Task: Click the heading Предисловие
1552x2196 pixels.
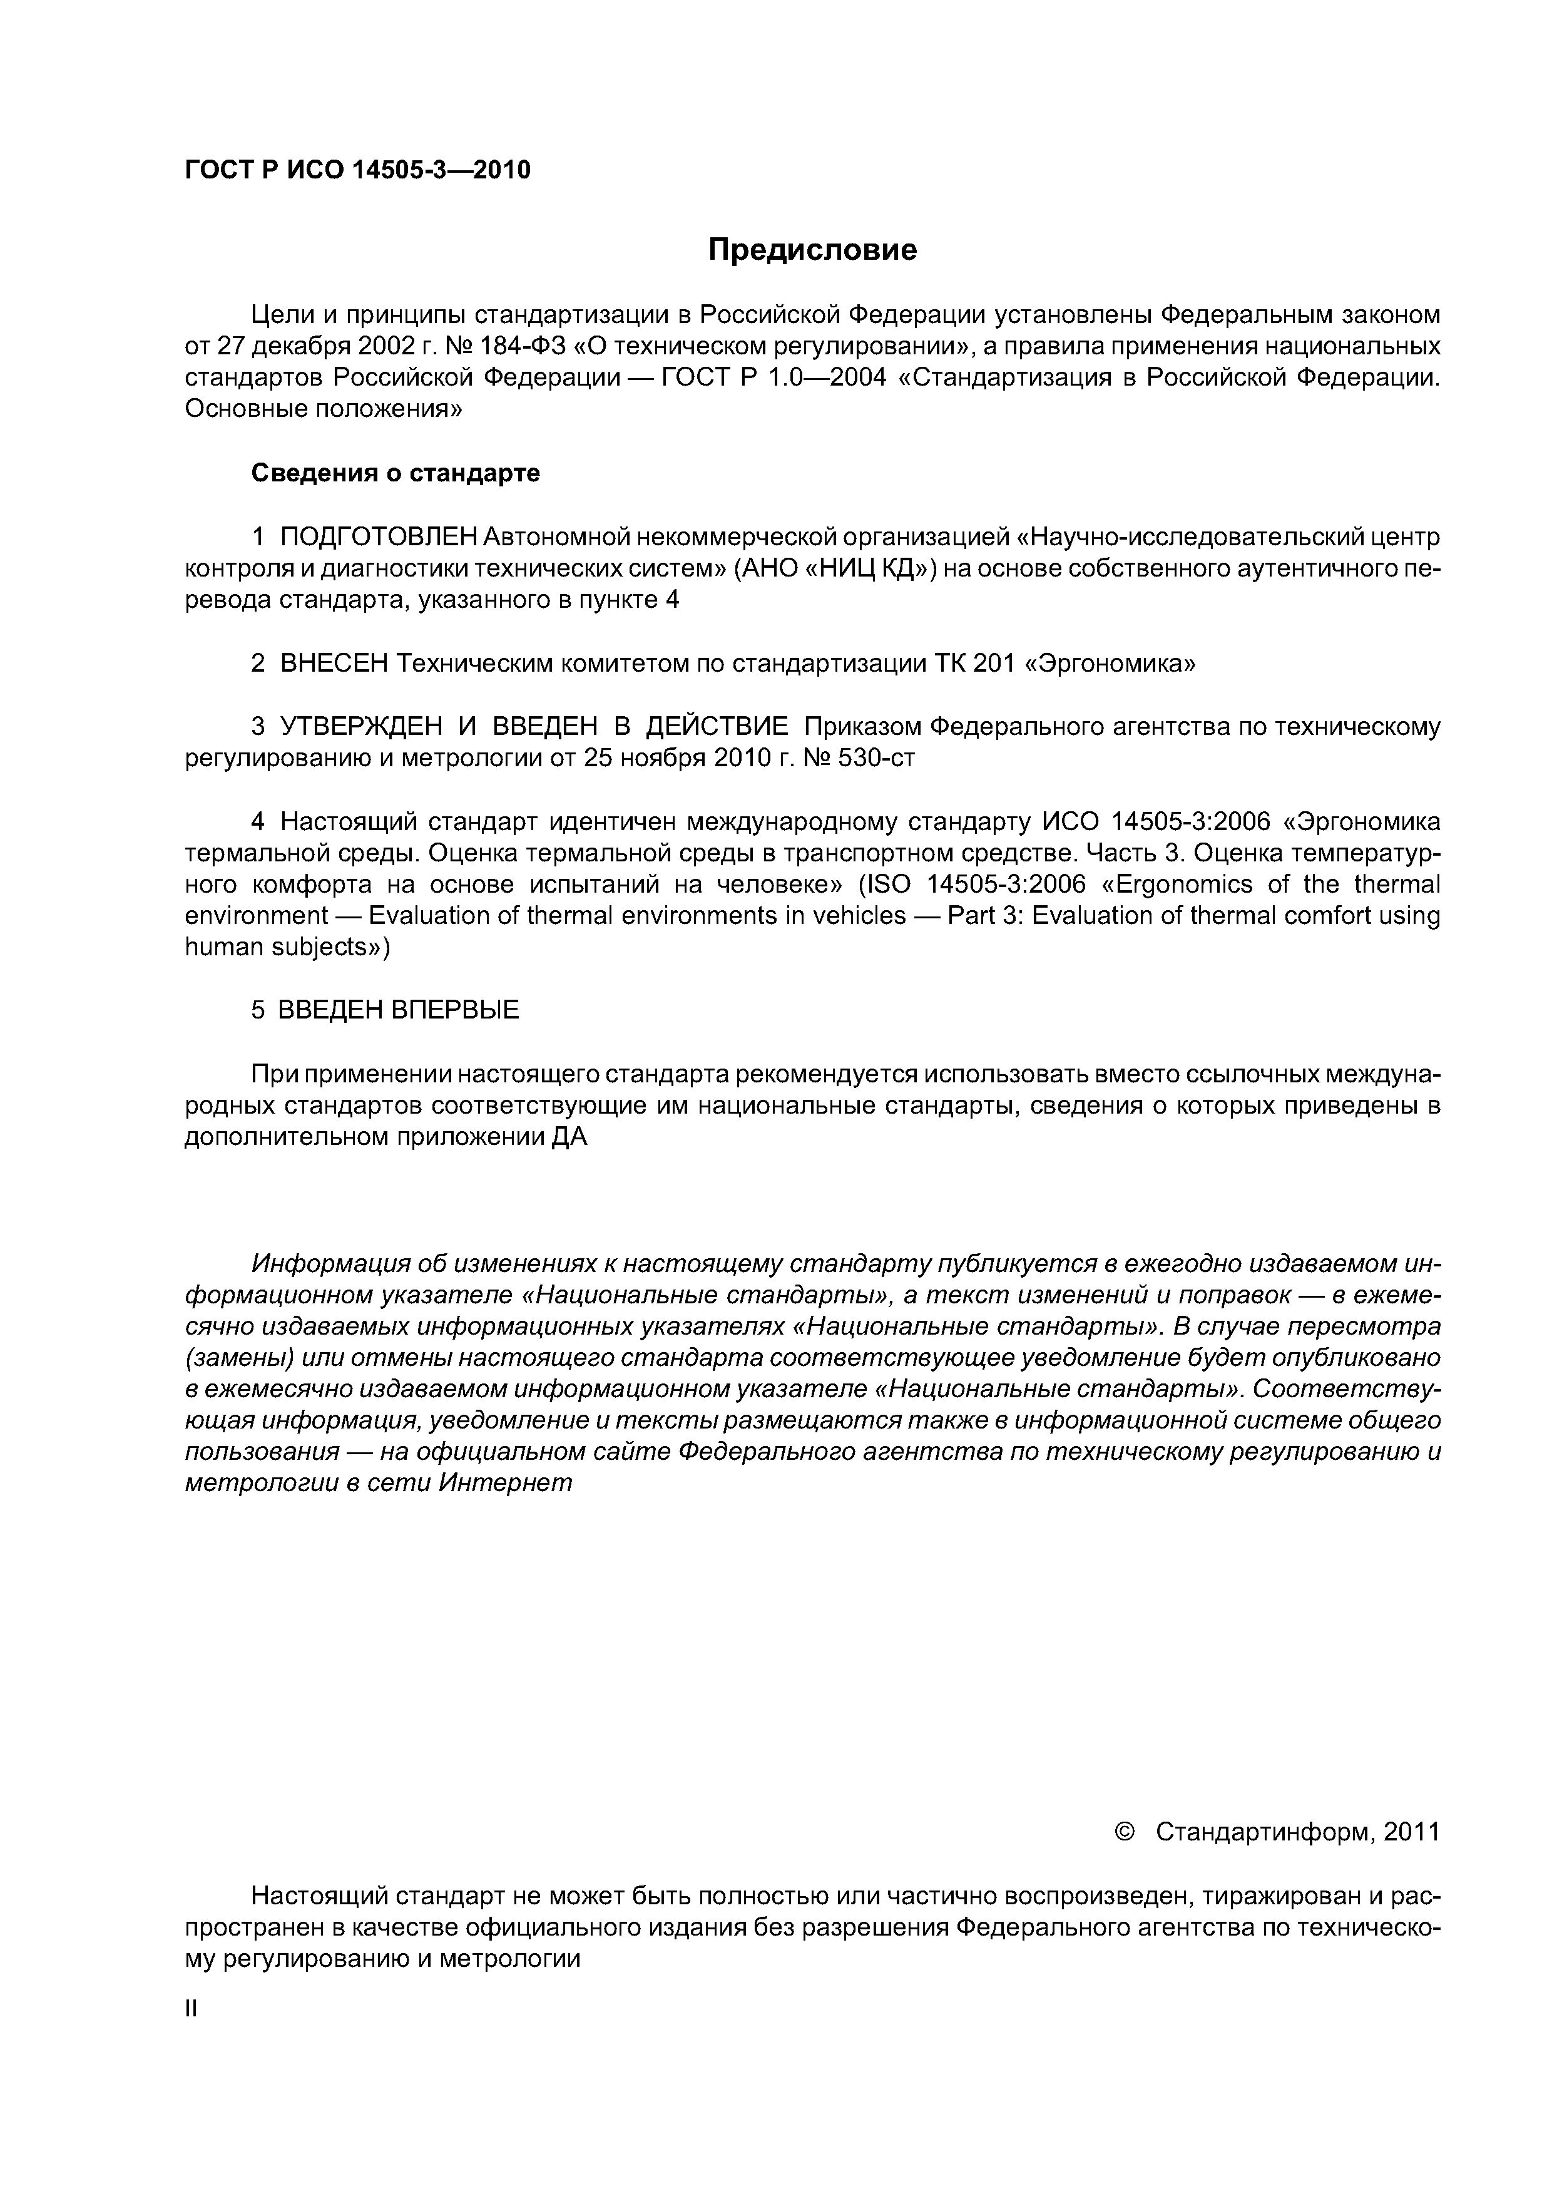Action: point(812,250)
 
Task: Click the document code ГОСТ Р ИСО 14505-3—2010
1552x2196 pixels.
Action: point(357,170)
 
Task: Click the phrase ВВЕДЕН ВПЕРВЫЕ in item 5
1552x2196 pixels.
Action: point(398,1010)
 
